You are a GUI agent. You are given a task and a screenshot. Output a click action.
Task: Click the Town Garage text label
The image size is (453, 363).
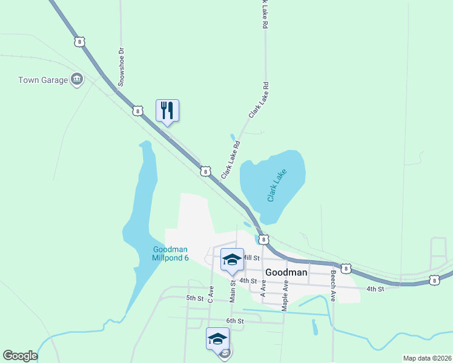[42, 80]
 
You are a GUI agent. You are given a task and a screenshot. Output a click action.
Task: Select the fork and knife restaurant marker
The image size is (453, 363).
[167, 111]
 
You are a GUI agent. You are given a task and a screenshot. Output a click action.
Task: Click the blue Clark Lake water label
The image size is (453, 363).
[277, 185]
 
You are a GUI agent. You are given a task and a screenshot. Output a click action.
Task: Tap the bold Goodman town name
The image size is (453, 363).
[286, 272]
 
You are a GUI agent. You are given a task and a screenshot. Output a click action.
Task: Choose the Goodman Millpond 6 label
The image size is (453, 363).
[170, 253]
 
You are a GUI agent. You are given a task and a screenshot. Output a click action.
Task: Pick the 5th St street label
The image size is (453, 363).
[194, 298]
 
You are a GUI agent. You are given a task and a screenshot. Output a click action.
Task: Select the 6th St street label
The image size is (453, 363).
[234, 321]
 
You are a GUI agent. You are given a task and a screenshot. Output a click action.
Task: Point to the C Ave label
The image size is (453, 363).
[211, 294]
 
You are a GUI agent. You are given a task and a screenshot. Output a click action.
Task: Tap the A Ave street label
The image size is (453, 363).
[263, 287]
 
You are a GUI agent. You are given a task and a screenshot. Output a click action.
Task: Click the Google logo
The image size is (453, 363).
[20, 356]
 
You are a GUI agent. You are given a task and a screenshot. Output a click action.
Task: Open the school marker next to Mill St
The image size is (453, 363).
[231, 260]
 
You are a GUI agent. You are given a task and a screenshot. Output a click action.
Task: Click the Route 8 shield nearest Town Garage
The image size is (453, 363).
[79, 41]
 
